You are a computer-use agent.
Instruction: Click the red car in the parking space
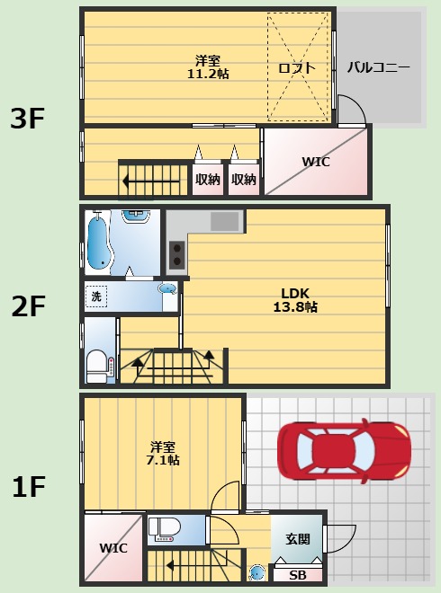[344, 451]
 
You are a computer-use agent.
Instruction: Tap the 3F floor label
[27, 119]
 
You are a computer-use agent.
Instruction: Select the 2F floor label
[28, 306]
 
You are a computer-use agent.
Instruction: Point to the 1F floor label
[29, 486]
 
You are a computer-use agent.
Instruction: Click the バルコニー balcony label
[379, 67]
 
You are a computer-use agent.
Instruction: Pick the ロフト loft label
[297, 68]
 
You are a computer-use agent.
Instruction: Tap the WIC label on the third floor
[316, 162]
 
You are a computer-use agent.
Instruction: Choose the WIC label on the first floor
[113, 548]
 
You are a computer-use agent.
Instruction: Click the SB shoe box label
[297, 575]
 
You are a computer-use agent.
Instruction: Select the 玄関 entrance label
[298, 539]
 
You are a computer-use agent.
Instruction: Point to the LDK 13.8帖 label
[295, 300]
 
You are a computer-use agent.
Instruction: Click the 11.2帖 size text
[208, 74]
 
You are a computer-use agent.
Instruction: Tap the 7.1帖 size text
[163, 460]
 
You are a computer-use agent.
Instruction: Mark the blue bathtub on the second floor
[98, 242]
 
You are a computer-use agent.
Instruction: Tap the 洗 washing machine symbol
[96, 296]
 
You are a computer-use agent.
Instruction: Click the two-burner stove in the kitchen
[177, 254]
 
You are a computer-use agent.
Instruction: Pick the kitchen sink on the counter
[225, 221]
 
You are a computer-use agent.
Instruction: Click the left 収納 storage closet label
[208, 180]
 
